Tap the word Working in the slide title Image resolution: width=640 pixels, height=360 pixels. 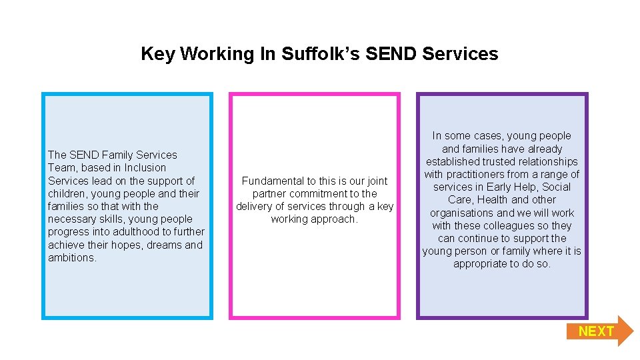click(217, 54)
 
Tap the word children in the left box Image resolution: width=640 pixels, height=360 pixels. click(67, 193)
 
